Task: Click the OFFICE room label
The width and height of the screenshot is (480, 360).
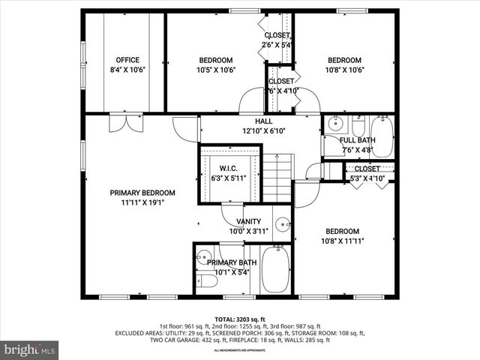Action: point(127,60)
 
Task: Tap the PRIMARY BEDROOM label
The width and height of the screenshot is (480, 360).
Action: point(142,192)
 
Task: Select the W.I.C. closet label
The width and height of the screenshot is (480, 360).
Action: point(229,168)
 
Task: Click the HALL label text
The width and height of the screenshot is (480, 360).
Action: point(263,121)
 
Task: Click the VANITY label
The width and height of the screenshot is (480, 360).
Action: point(248,221)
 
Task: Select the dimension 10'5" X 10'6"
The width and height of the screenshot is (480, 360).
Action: point(215,70)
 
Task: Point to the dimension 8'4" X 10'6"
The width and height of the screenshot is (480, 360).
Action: point(127,70)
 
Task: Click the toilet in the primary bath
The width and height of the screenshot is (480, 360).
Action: point(206,282)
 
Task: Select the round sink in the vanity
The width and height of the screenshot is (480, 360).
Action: point(283,223)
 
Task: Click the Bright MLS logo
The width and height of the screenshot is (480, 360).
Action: point(30,349)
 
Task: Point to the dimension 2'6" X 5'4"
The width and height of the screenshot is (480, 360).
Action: point(277,45)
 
